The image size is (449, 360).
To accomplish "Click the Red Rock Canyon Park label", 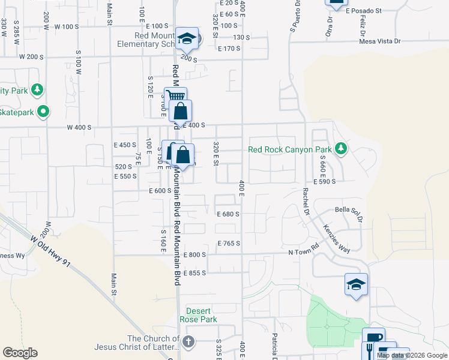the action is [x=290, y=149].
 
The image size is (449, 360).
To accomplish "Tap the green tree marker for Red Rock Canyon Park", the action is [x=341, y=148].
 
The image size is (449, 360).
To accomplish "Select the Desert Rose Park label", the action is [x=201, y=315].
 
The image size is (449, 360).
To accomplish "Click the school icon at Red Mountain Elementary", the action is [x=187, y=40].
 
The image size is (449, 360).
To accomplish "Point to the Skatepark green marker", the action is [x=43, y=111].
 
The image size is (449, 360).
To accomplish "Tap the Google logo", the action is [x=20, y=353].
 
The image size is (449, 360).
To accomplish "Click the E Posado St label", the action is [x=364, y=11].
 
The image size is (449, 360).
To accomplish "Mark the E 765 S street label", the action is [x=228, y=243].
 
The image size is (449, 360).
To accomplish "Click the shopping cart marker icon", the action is [x=175, y=96].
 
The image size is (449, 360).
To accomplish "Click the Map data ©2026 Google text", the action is [x=412, y=355].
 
